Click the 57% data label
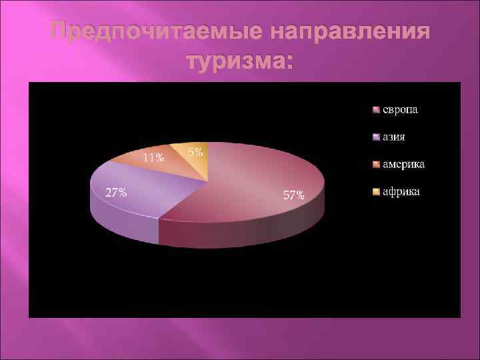tap(294, 196)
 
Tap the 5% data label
tap(195, 152)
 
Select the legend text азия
tap(394, 137)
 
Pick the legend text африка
tap(401, 192)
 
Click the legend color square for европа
tap(376, 110)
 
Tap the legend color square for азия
tap(376, 137)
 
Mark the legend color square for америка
tap(376, 165)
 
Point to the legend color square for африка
tap(376, 193)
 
